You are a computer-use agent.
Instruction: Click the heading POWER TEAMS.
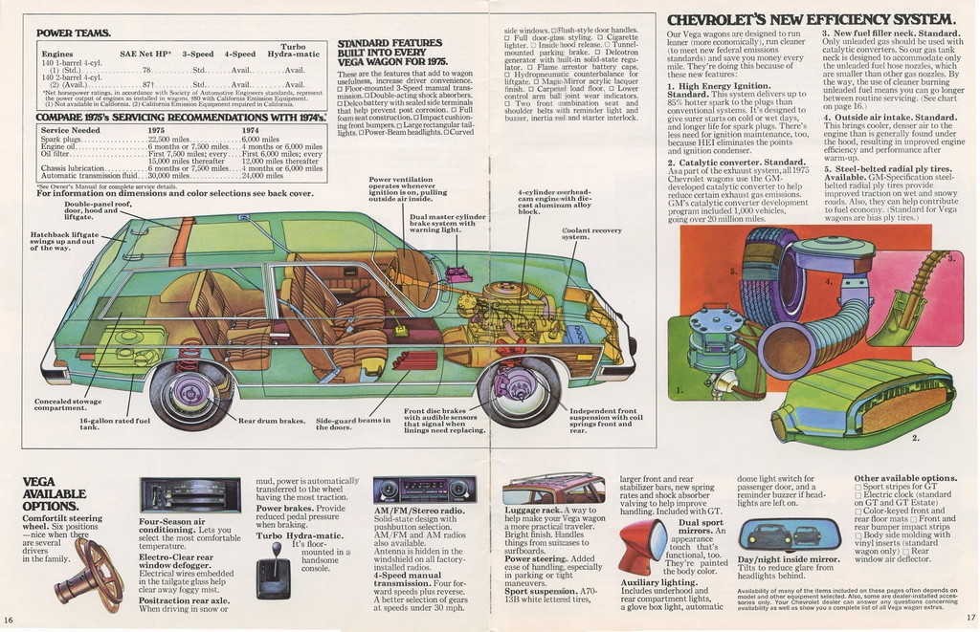[73, 33]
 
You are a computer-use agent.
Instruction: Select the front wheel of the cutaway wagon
[518, 390]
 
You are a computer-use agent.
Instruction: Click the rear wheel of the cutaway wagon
[190, 393]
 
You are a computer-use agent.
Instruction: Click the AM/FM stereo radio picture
[424, 490]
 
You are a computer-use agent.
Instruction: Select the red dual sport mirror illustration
[640, 546]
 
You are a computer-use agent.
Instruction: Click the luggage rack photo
[567, 490]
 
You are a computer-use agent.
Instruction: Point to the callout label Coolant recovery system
[591, 233]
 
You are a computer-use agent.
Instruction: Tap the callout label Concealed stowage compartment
[67, 404]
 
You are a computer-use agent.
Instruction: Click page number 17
[969, 619]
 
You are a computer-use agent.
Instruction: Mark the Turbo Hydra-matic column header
[293, 51]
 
